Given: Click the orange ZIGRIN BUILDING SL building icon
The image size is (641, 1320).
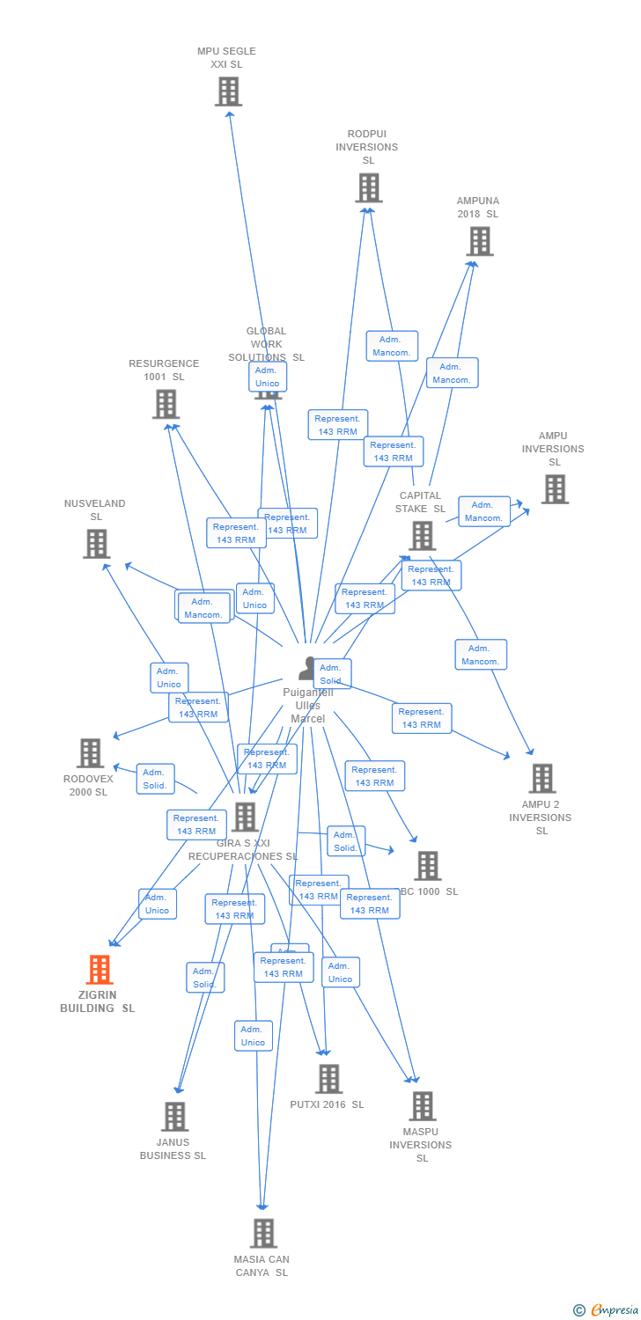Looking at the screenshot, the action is pyautogui.click(x=99, y=969).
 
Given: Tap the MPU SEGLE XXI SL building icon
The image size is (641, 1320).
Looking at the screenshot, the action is pyautogui.click(x=228, y=91).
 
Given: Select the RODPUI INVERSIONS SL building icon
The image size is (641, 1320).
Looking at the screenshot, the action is pyautogui.click(x=368, y=187).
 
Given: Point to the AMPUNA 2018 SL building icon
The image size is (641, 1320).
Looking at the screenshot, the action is pyautogui.click(x=479, y=241).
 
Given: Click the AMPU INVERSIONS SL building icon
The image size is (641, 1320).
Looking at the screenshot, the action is pyautogui.click(x=554, y=489).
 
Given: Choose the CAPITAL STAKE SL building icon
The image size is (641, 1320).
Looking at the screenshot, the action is pyautogui.click(x=422, y=535).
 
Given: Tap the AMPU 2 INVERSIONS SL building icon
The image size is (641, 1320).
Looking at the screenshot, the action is pyautogui.click(x=542, y=778).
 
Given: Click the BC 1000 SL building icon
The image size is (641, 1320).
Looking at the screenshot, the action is pyautogui.click(x=427, y=865).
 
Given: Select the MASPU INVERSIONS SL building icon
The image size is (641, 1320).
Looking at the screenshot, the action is pyautogui.click(x=422, y=1105).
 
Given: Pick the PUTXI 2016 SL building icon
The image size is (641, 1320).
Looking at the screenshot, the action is pyautogui.click(x=328, y=1078).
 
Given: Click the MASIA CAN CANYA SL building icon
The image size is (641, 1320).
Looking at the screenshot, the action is pyautogui.click(x=262, y=1233).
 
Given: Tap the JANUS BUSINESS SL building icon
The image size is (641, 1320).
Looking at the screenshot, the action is pyautogui.click(x=174, y=1116).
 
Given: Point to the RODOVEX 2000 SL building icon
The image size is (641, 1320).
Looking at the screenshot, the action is pyautogui.click(x=90, y=752).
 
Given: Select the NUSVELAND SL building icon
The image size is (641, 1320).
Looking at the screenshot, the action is pyautogui.click(x=96, y=544).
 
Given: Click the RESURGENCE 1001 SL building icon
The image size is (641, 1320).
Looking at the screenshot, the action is pyautogui.click(x=165, y=404).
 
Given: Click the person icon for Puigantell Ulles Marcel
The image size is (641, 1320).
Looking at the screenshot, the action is pyautogui.click(x=306, y=669).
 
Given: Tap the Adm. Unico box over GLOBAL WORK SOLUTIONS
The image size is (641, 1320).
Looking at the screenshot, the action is pyautogui.click(x=267, y=377).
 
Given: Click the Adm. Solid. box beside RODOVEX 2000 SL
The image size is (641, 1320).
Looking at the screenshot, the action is pyautogui.click(x=156, y=779).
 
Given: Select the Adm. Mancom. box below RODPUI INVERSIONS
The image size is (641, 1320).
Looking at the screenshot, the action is pyautogui.click(x=392, y=346).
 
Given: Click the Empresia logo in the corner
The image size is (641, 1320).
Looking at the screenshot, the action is pyautogui.click(x=613, y=1310).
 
